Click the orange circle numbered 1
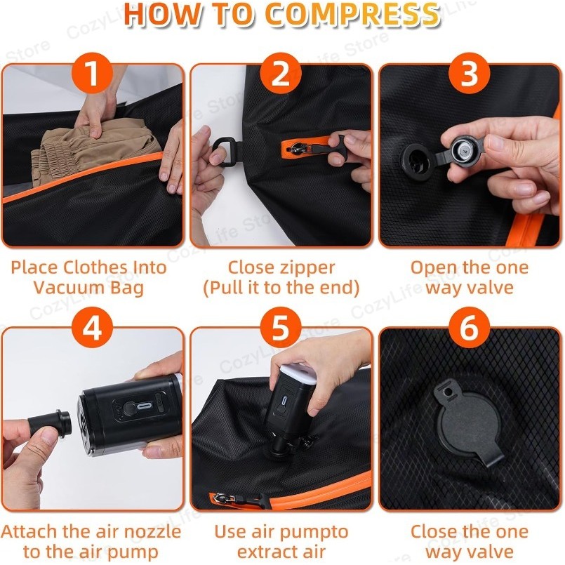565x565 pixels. click(92, 73)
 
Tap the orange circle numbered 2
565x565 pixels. click(281, 73)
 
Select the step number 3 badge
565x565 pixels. click(469, 73)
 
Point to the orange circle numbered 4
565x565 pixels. click(92, 328)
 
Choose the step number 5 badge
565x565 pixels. click(281, 328)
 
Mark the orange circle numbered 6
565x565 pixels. click(469, 328)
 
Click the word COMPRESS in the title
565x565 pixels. click(352, 15)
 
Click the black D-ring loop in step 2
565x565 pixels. click(226, 151)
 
